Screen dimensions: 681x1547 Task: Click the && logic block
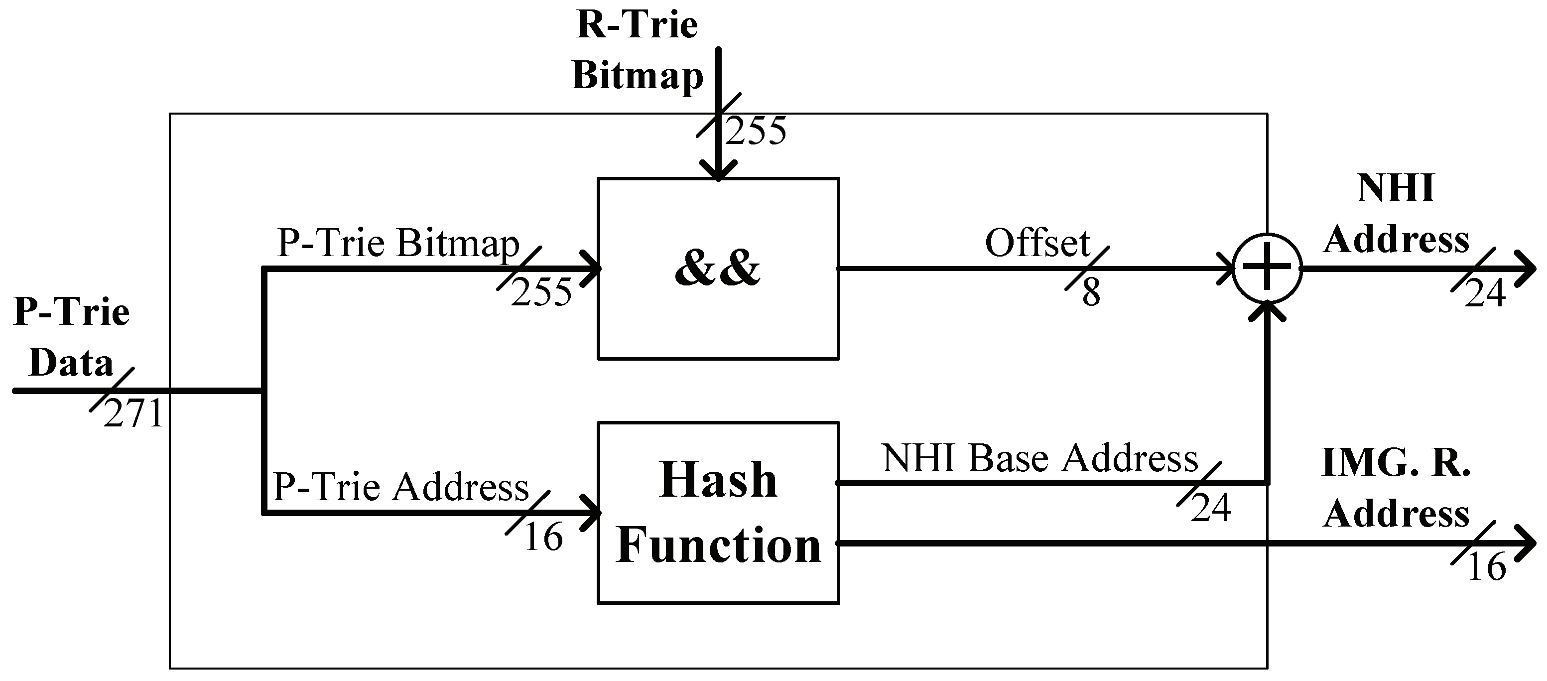point(718,269)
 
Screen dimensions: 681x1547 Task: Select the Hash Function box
point(718,513)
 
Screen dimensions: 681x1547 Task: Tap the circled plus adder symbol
point(1267,269)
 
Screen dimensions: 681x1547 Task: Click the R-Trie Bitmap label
point(637,50)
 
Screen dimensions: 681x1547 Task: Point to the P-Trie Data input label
point(71,337)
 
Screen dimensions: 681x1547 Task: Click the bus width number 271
point(133,414)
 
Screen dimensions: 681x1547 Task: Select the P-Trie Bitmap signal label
point(398,243)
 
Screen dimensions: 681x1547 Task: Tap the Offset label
point(1037,243)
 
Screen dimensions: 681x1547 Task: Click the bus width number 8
point(1091,293)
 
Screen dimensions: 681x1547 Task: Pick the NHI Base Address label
point(1039,459)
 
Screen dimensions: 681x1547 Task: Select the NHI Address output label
point(1396,214)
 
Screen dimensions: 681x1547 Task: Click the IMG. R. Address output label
point(1396,488)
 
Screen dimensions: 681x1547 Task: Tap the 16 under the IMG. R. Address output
point(1486,566)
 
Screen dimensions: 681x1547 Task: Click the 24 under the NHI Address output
point(1485,293)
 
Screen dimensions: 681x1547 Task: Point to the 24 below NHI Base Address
point(1211,508)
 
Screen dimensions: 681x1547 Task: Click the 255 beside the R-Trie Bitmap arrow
point(756,131)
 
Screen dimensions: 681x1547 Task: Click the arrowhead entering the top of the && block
point(718,171)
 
